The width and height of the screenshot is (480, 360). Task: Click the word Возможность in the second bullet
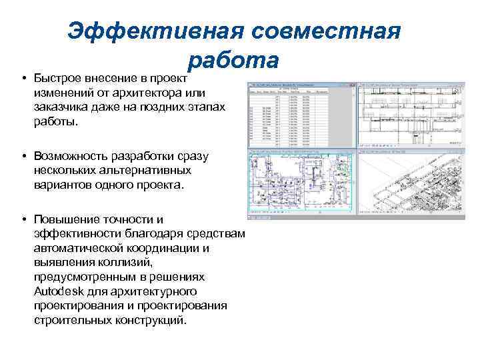tap(73, 155)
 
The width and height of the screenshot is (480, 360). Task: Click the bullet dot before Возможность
tap(23, 155)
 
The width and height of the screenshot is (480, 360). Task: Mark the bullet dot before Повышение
tap(23, 219)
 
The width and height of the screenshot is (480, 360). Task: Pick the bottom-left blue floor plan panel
tap(301, 185)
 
